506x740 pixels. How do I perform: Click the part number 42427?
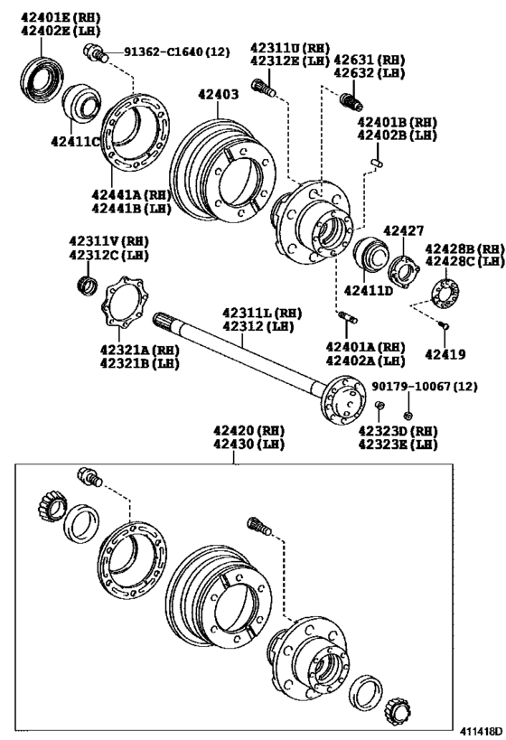(403, 231)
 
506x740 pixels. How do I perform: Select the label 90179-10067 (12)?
(425, 387)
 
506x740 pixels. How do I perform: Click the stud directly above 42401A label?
(350, 317)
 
